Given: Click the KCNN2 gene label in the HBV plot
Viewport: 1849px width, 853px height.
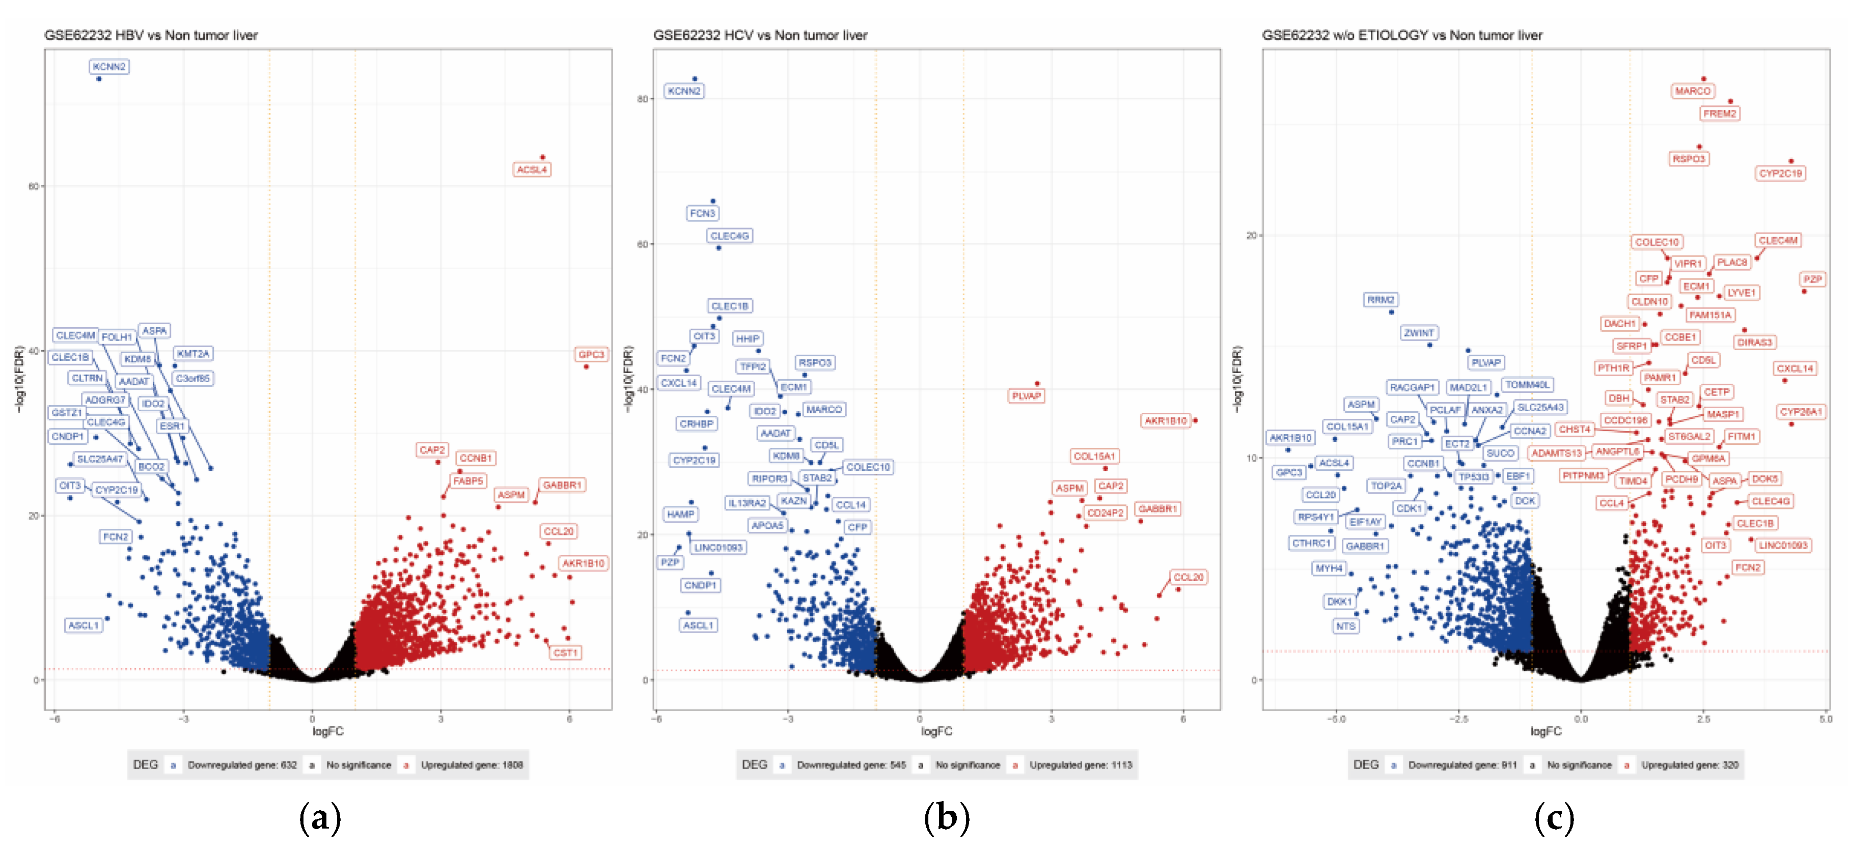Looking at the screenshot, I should (109, 67).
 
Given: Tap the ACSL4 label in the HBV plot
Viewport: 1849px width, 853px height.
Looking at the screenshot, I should (532, 170).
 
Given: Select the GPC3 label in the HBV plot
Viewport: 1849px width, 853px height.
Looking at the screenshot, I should (591, 354).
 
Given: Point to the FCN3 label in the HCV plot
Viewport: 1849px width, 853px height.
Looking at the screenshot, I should (702, 213).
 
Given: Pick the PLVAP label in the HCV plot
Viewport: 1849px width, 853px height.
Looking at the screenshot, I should (1026, 396).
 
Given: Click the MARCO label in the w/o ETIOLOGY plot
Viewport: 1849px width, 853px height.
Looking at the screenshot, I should (1693, 91).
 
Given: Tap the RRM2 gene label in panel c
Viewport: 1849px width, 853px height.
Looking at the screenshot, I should (1381, 300).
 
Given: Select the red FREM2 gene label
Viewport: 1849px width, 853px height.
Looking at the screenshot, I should (1719, 113).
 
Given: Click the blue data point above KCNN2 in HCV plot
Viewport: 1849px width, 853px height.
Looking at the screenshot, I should (694, 79).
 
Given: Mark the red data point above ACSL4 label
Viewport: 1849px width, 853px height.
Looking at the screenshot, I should (543, 157).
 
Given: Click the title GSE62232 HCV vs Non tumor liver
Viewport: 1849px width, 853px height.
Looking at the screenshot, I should (760, 35).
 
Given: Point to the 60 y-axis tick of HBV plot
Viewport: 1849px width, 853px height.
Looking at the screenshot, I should (33, 186).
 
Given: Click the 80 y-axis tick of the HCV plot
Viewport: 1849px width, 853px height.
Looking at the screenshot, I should (643, 99).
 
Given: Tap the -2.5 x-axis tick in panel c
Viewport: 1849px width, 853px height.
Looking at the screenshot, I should (1458, 719).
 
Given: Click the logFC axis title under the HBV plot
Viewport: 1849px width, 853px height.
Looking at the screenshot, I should (327, 731).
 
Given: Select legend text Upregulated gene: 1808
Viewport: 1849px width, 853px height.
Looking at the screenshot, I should (472, 765).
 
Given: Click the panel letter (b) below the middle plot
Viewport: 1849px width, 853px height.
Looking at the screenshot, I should (946, 818).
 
